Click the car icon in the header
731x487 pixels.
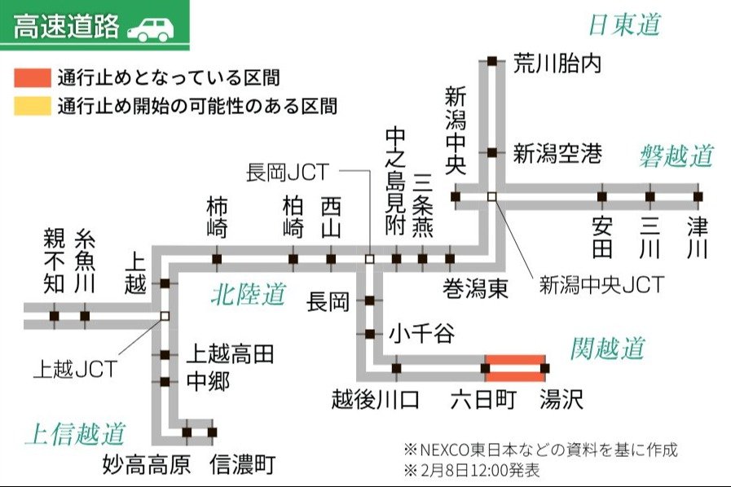point(151,29)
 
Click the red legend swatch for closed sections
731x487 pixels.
point(32,79)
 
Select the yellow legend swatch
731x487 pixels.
point(32,106)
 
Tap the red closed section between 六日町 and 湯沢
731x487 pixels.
point(516,367)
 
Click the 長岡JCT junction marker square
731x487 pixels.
point(369,259)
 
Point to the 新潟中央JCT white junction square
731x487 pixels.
point(491,196)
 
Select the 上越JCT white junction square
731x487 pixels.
point(165,316)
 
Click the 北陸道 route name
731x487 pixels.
point(249,294)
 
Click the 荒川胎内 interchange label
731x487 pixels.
point(557,64)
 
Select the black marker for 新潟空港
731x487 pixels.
point(492,152)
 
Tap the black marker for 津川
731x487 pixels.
point(697,196)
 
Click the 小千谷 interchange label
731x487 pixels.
point(421,334)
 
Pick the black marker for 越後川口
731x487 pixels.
point(396,368)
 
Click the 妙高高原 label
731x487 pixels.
point(147,464)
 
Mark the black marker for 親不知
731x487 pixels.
point(54,316)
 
